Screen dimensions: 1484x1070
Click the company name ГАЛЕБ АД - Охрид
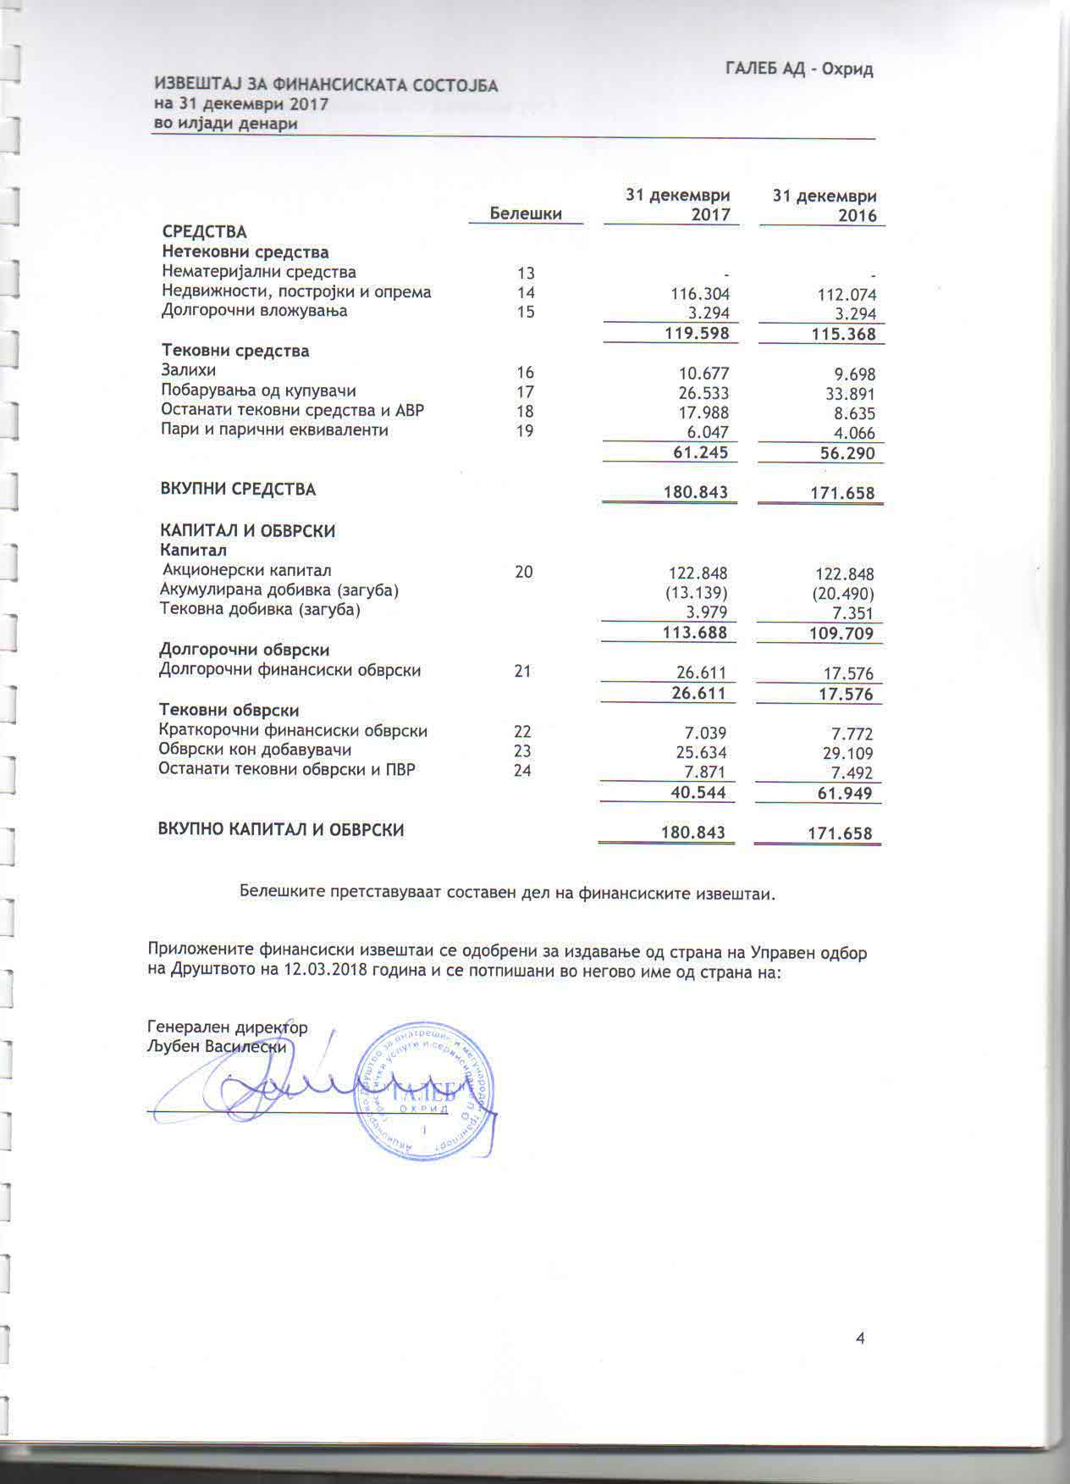click(x=798, y=69)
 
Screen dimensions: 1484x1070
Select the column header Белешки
click(x=526, y=213)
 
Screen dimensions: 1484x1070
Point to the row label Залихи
click(x=189, y=370)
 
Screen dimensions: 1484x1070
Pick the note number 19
click(x=525, y=431)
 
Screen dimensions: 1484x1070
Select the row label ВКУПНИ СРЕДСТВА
click(x=238, y=489)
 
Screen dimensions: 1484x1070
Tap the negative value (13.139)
click(x=697, y=592)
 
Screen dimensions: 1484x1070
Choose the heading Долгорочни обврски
click(x=245, y=650)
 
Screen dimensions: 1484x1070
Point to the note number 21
click(x=522, y=672)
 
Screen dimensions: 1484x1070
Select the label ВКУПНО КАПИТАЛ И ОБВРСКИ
click(x=281, y=830)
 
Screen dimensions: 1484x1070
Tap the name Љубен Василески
click(x=218, y=1047)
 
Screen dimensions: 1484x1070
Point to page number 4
click(x=860, y=1339)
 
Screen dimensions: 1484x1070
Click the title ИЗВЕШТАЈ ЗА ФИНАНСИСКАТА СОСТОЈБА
click(x=326, y=86)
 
